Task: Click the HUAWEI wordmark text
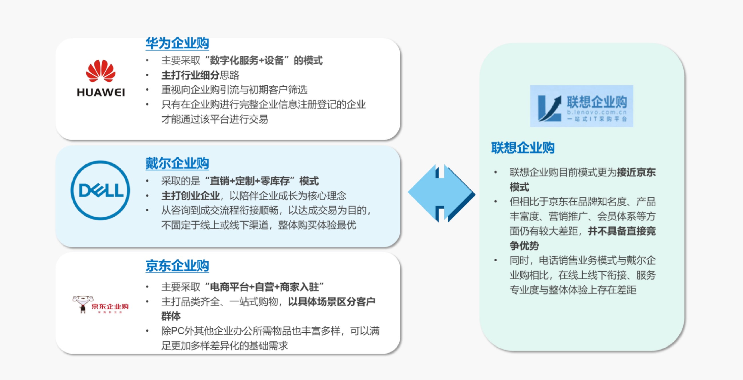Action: coord(101,92)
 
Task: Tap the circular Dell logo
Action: coord(100,190)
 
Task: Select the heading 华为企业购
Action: coord(177,43)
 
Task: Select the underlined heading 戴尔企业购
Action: coord(177,163)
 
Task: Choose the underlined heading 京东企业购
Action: coord(177,266)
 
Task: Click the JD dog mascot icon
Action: coord(83,304)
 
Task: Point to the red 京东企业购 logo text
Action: coord(110,306)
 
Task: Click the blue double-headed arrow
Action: coord(442,193)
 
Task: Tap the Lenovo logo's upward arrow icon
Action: coord(550,108)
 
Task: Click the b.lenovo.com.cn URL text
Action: coord(597,113)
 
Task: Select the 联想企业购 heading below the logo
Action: coord(523,148)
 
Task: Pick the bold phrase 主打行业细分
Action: coord(190,75)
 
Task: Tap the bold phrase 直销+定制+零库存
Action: coord(250,181)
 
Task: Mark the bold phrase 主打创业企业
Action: coord(190,196)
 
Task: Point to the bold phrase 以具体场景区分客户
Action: coord(332,302)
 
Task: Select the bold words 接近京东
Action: coord(636,172)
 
